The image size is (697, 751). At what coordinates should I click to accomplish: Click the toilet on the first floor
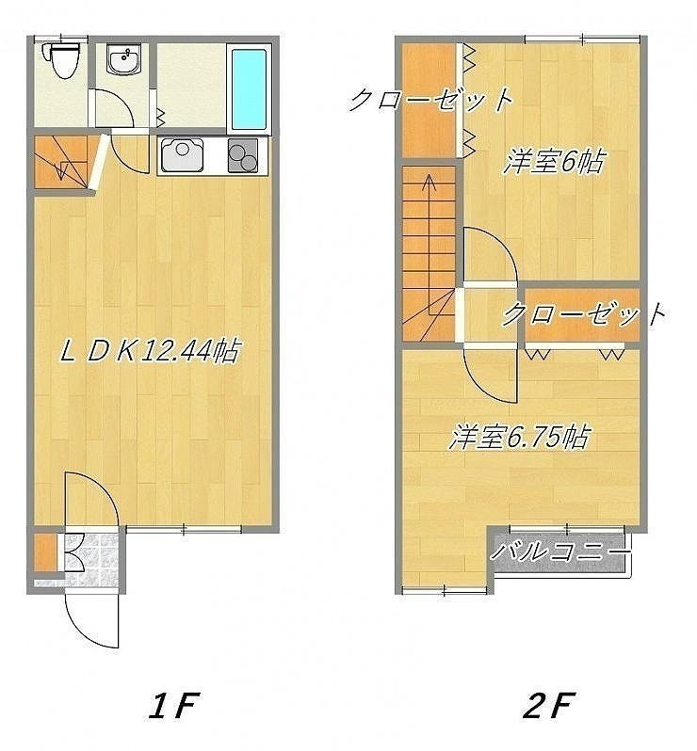[61, 60]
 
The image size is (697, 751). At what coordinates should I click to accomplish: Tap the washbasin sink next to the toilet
[123, 60]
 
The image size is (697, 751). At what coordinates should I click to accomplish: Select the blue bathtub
[249, 88]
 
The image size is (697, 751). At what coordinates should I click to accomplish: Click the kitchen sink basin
[183, 154]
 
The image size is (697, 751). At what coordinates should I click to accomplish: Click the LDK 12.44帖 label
[150, 352]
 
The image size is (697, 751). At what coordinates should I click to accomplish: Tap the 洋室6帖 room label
[554, 162]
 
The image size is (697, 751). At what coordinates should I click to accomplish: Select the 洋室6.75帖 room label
[518, 437]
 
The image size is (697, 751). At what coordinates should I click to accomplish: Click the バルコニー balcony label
[559, 552]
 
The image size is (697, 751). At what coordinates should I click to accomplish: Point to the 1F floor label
[172, 706]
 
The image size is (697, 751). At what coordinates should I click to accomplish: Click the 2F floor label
[547, 706]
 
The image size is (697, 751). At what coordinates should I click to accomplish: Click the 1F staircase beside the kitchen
[62, 162]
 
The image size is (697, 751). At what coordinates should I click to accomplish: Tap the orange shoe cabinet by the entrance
[46, 551]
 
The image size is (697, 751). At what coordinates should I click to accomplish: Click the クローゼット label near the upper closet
[430, 100]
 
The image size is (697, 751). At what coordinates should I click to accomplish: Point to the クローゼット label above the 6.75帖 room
[584, 313]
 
